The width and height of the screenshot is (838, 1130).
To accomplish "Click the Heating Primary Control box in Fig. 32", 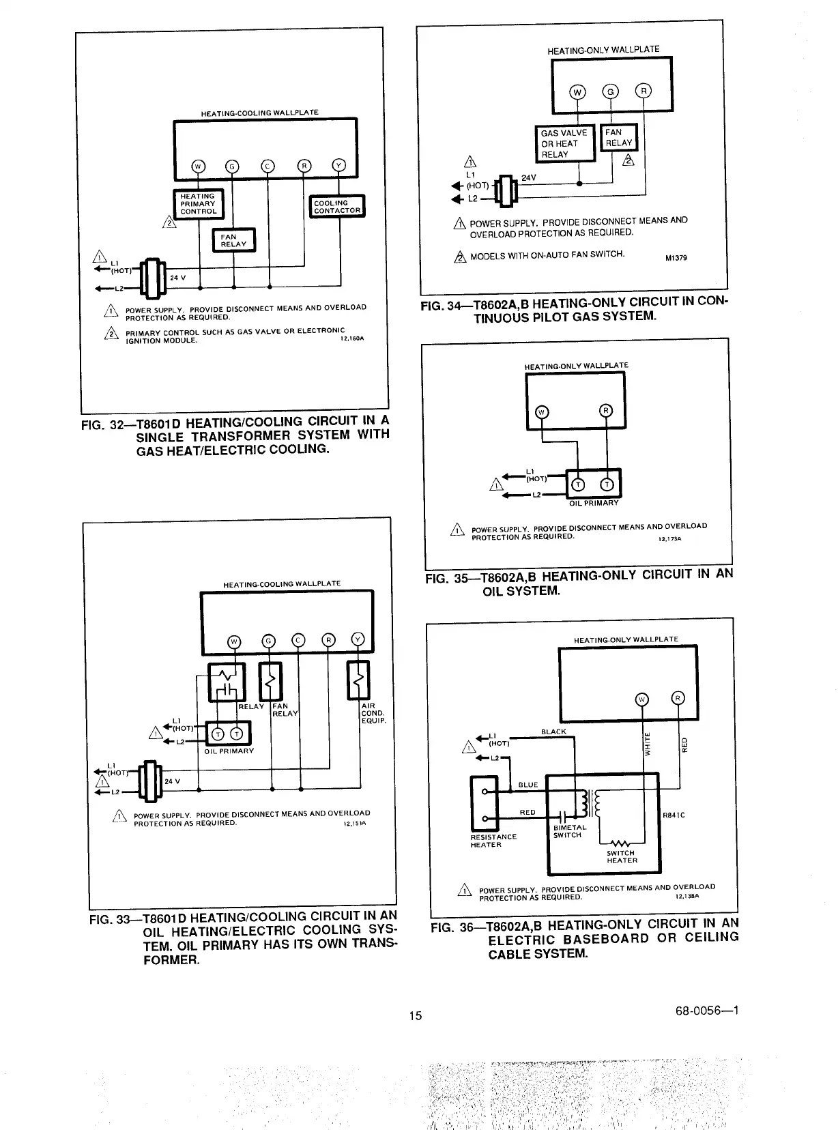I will click(198, 203).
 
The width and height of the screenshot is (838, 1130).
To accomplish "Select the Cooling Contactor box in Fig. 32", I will click(337, 206).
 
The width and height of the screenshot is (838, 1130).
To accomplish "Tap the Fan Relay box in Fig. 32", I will click(233, 240).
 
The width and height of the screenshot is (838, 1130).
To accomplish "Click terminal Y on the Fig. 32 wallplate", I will click(339, 166).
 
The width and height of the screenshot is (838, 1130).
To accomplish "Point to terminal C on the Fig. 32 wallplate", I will click(268, 166).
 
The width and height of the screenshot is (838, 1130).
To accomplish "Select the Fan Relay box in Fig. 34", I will click(618, 137).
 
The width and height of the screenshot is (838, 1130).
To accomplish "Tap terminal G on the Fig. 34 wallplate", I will click(611, 92).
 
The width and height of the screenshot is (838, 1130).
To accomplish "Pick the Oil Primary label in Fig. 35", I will click(594, 503).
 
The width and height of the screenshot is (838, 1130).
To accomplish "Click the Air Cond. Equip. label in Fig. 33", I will click(373, 713).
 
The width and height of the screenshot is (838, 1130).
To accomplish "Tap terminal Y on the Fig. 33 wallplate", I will click(358, 640).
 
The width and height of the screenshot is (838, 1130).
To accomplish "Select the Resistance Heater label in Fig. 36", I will click(493, 841).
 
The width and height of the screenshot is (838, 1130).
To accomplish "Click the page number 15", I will click(416, 1015).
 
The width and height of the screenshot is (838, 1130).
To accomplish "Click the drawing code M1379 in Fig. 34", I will click(676, 258).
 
